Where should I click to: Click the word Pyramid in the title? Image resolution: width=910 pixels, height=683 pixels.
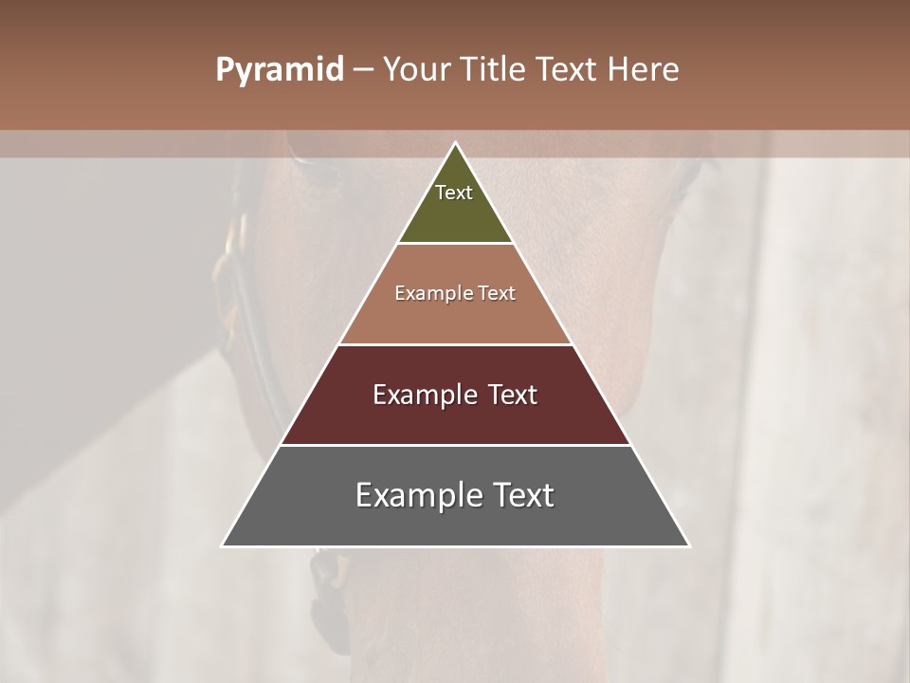pos(280,70)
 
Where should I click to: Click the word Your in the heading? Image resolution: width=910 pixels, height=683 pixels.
pos(418,70)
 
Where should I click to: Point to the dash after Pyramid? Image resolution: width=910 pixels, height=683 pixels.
pos(363,70)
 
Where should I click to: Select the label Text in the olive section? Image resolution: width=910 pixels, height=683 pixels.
pos(454,193)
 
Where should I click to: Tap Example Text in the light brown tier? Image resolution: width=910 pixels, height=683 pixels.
pos(455,293)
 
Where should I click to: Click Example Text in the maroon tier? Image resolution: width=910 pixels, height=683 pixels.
pos(455,395)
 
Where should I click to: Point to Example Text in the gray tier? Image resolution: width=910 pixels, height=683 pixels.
pos(455,495)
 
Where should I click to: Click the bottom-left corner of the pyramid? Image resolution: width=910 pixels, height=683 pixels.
pos(223,545)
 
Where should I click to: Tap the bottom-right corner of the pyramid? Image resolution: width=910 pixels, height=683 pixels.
pos(688,545)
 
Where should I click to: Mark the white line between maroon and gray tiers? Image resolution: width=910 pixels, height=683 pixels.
pos(455,445)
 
